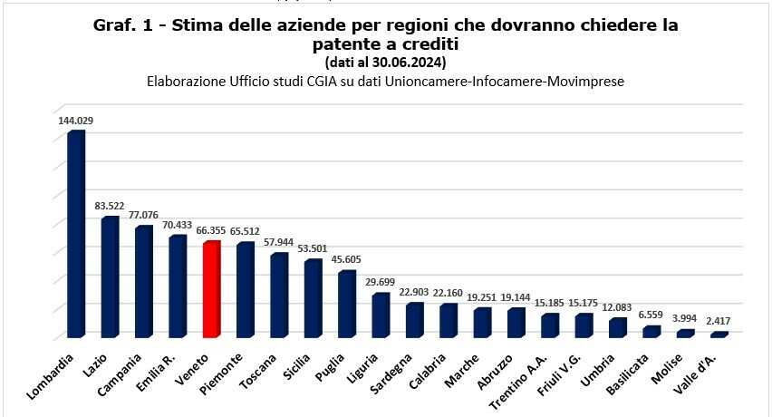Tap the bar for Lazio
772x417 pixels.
tap(110, 277)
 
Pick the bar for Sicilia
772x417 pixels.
tap(313, 299)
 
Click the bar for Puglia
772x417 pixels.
tap(346, 305)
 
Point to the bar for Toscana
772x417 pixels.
tap(279, 296)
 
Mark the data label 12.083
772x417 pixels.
tap(619, 308)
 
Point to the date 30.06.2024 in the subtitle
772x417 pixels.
tap(410, 63)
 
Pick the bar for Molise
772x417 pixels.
tap(686, 333)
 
